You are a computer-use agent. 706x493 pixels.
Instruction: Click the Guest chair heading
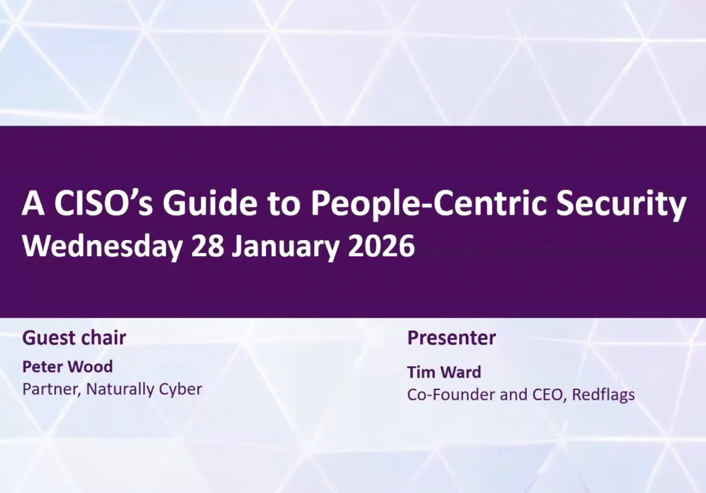coord(74,338)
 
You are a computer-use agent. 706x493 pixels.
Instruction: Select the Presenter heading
coord(452,338)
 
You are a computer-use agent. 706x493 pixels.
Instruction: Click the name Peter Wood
coord(68,367)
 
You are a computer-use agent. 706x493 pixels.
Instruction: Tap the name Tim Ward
coord(444,372)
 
